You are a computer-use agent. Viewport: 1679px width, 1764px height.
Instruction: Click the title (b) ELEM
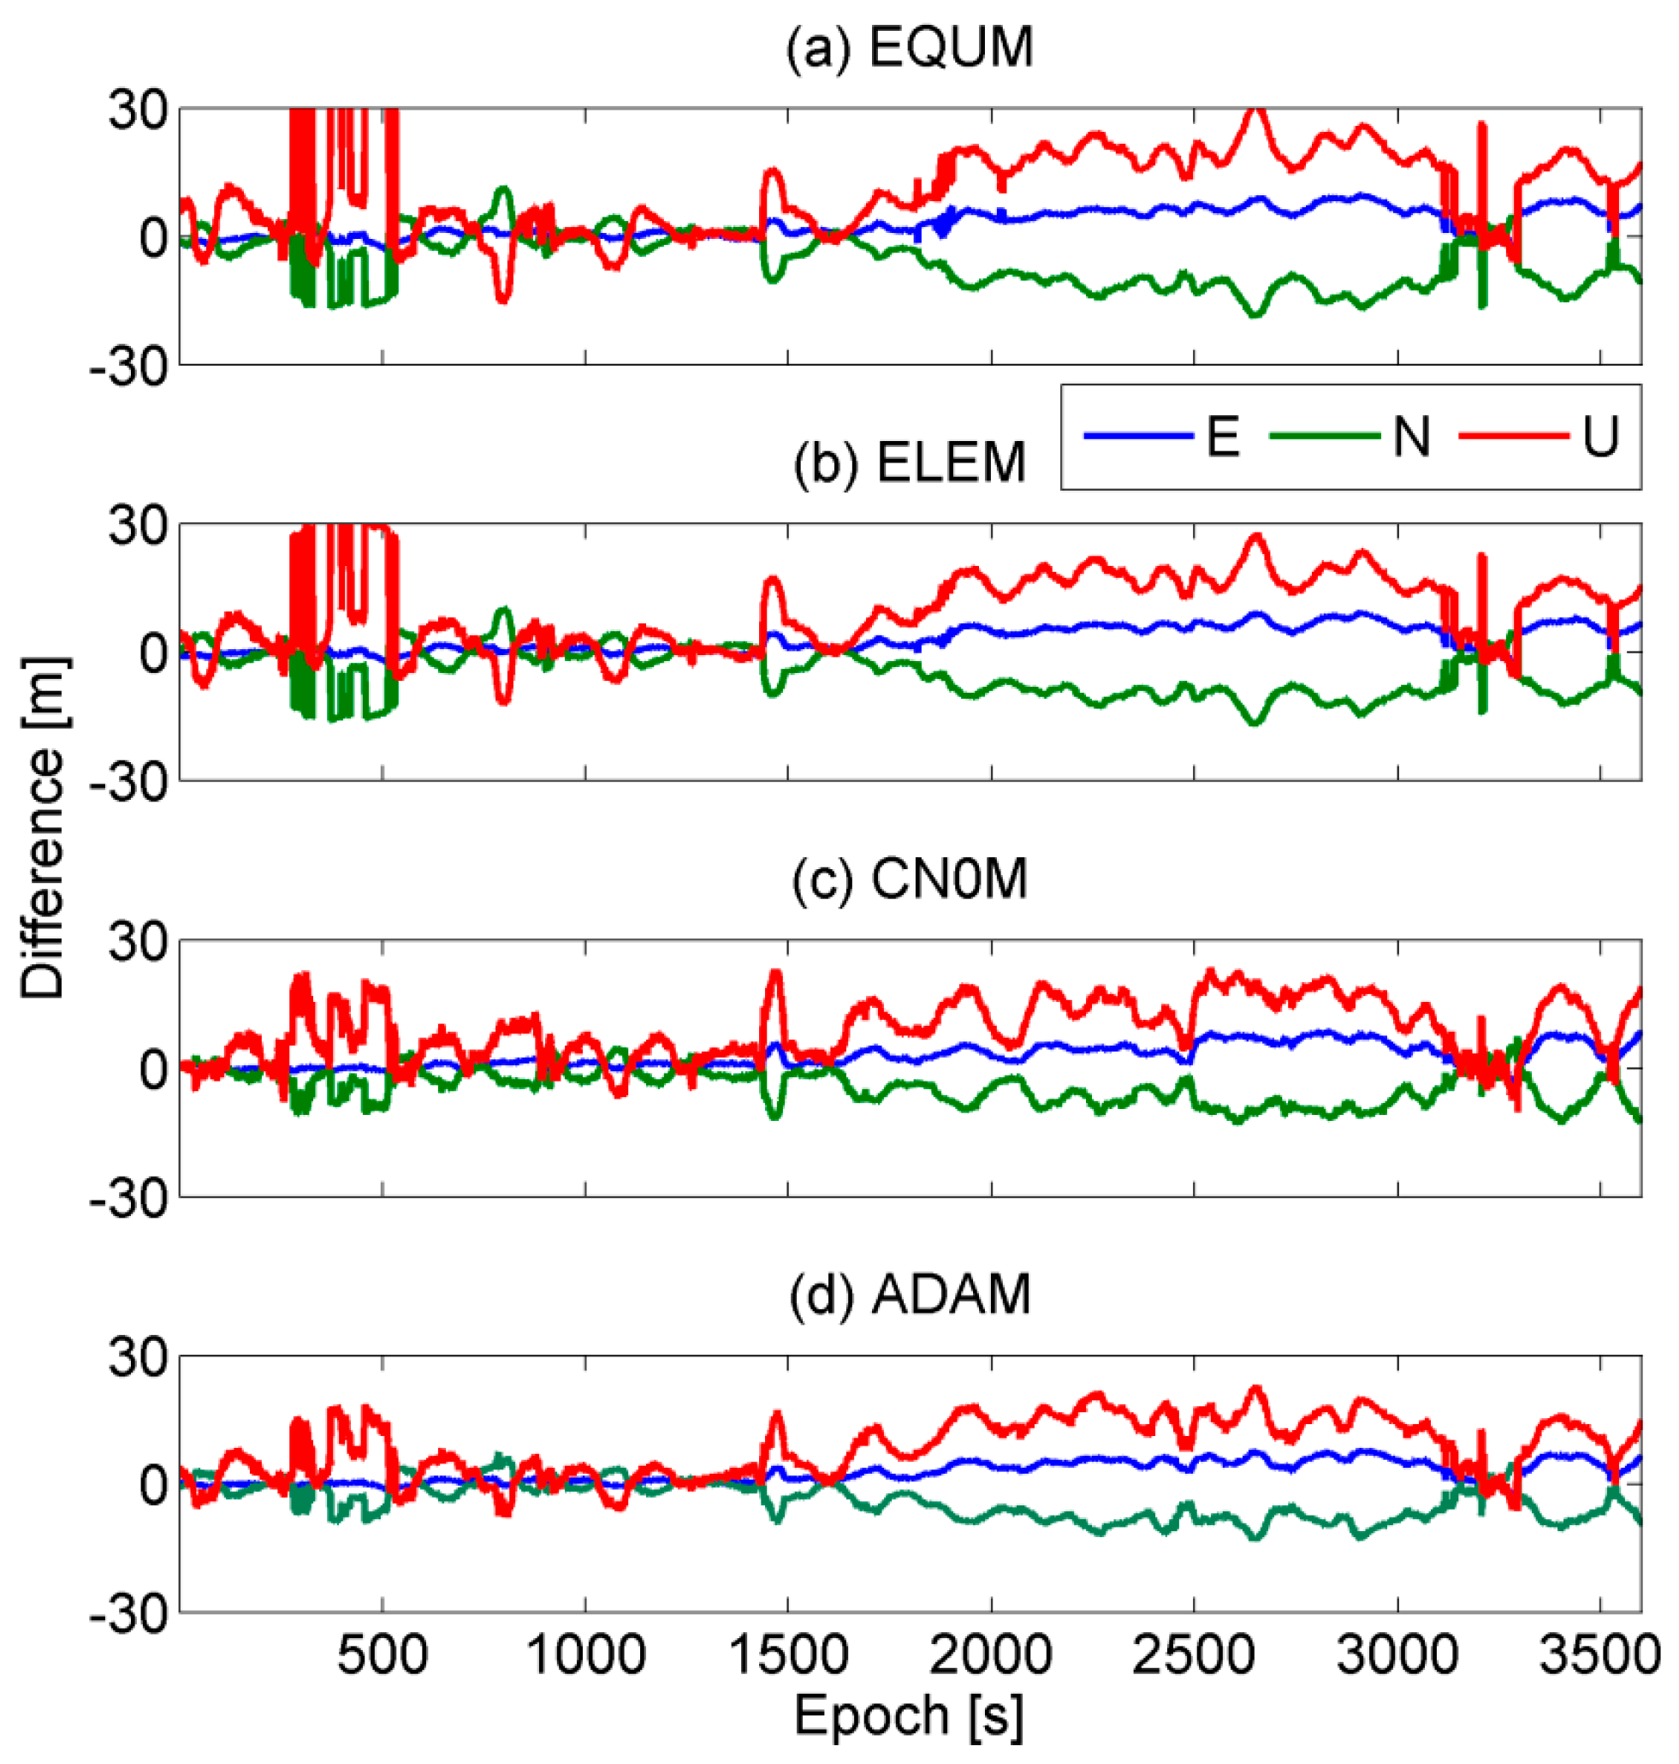pos(910,463)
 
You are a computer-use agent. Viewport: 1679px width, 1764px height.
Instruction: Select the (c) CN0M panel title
pos(910,879)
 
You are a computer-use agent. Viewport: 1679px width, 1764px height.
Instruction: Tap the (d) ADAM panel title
pos(910,1294)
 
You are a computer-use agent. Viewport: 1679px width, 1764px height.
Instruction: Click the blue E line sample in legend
pos(1138,436)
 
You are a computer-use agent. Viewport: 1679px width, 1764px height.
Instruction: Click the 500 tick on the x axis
pos(383,1657)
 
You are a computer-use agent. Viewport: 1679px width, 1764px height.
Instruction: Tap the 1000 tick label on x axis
pos(585,1657)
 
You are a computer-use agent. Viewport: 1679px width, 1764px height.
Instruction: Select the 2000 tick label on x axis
pos(991,1657)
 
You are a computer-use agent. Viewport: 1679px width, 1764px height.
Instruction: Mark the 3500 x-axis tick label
pos(1600,1657)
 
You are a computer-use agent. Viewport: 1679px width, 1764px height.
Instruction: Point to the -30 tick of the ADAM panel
pos(129,1616)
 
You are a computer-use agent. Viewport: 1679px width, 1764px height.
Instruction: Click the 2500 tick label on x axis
pos(1194,1657)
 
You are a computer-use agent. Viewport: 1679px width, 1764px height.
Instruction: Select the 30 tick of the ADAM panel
pos(138,1359)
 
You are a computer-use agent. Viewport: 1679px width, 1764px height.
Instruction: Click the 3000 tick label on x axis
pos(1397,1657)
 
